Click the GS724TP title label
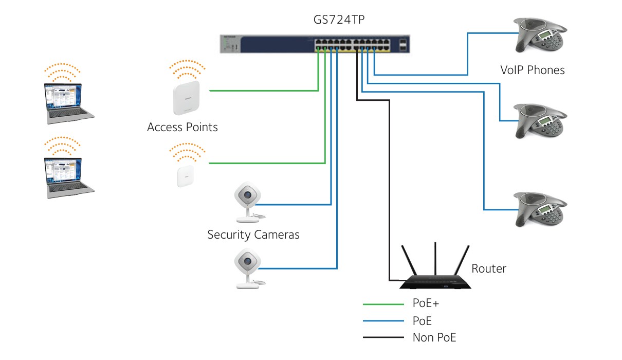coord(343,21)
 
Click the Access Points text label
coord(182,127)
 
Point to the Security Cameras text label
coord(253,235)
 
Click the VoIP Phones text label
coord(533,70)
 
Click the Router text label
coord(489,268)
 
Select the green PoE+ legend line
coord(383,304)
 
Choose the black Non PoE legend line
coord(383,338)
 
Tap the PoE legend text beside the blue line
coord(422,321)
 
